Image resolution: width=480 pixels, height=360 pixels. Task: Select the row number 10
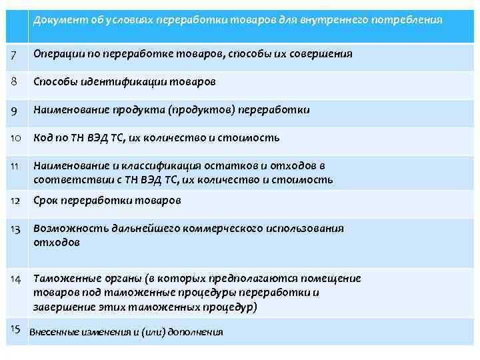coord(15,138)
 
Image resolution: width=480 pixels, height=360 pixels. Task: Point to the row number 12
coord(15,200)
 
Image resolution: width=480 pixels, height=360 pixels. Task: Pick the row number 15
coord(17,328)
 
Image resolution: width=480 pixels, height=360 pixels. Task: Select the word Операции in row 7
coord(57,53)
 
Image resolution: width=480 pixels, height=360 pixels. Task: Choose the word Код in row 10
coord(43,138)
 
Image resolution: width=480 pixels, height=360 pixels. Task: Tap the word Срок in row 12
coord(47,200)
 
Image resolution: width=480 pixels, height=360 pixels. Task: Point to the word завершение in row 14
coord(61,307)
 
